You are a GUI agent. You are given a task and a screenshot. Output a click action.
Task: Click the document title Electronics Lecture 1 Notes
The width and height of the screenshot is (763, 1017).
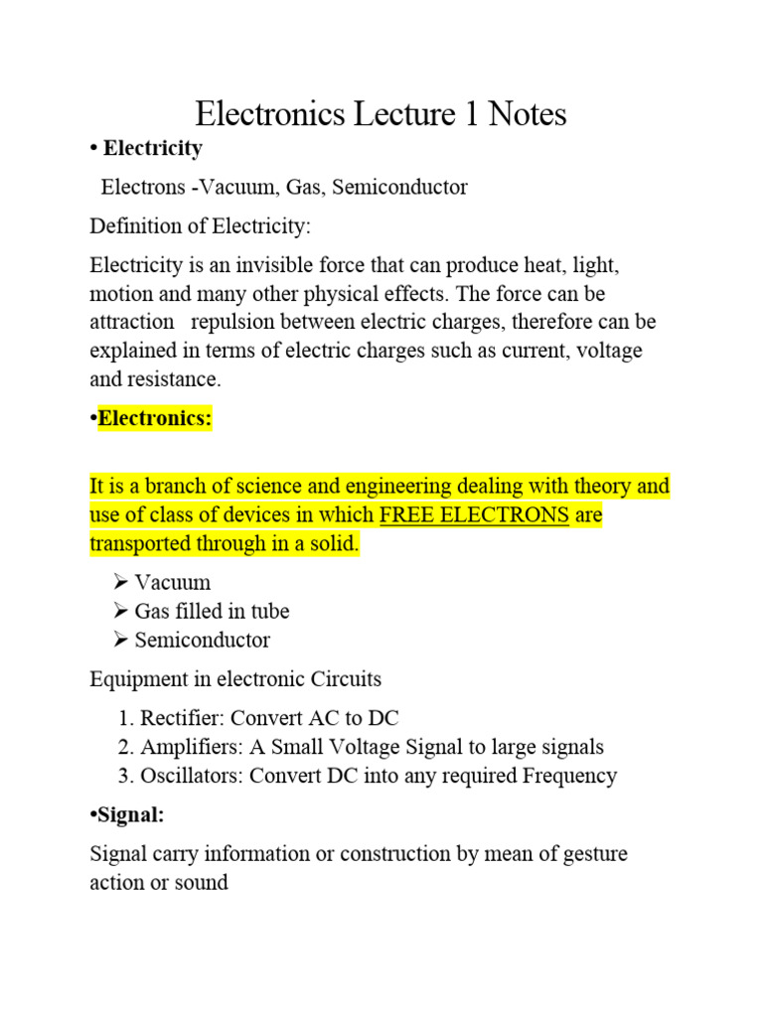[x=381, y=114]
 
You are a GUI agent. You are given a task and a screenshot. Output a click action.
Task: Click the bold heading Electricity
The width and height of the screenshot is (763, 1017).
[x=152, y=148]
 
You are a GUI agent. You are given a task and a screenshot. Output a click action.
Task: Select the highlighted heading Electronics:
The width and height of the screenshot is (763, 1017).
[x=155, y=419]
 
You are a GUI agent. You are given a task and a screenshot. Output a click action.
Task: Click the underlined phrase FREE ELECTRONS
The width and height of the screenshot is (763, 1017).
[x=475, y=516]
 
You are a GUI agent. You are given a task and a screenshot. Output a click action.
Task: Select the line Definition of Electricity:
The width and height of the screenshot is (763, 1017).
[x=200, y=226]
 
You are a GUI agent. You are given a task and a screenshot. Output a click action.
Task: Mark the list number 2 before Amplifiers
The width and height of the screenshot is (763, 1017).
[x=123, y=747]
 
